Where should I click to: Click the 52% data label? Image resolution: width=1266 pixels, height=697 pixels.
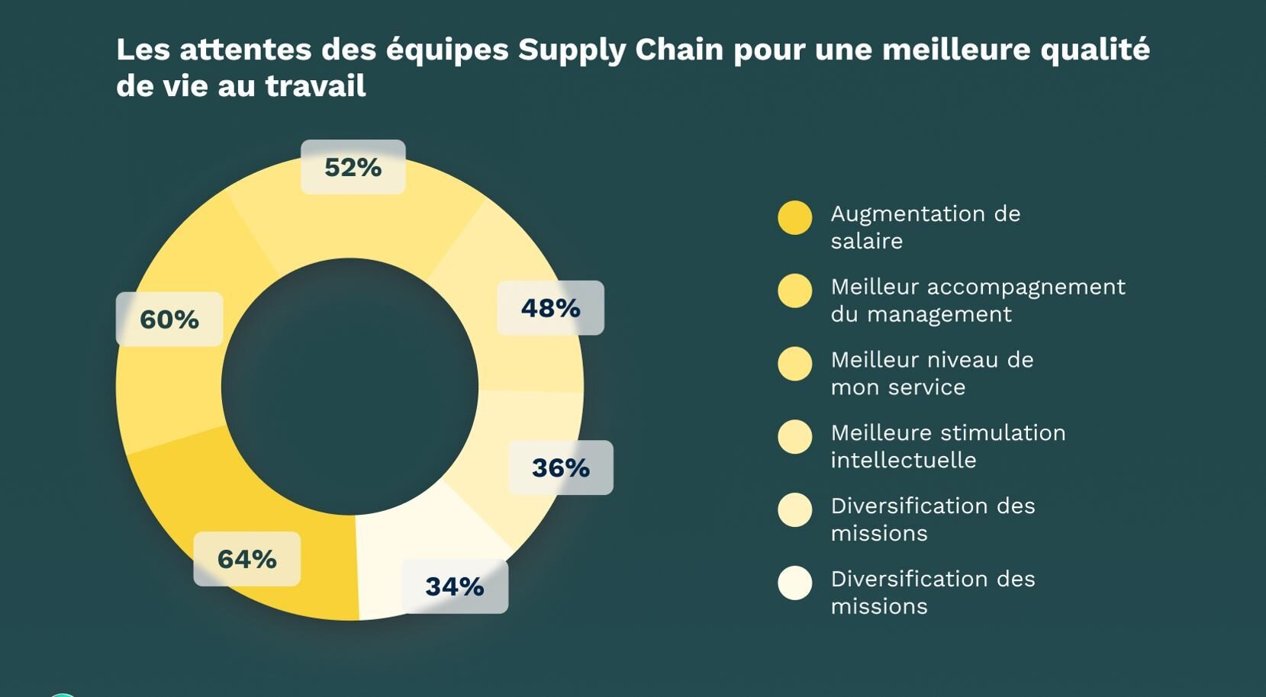click(353, 167)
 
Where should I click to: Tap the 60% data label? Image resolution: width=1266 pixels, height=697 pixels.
click(169, 319)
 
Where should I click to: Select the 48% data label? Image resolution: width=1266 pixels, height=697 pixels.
click(550, 308)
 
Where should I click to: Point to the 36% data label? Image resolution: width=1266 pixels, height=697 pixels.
click(560, 467)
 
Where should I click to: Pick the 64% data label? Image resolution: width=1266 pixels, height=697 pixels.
click(246, 559)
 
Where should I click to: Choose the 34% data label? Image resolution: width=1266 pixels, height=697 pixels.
click(454, 586)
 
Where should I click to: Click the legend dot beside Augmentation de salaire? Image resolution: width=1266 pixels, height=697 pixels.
click(794, 218)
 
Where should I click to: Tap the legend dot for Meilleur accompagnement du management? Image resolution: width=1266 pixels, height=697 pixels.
click(794, 291)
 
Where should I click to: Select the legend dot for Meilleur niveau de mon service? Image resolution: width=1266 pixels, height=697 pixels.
click(794, 364)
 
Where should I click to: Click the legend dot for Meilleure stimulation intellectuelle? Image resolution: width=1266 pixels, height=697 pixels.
click(794, 437)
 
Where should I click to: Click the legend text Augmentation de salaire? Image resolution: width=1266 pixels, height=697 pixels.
click(925, 227)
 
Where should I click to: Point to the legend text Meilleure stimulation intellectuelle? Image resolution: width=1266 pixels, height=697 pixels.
click(948, 446)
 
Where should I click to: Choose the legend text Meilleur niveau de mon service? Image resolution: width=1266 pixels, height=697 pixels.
click(932, 373)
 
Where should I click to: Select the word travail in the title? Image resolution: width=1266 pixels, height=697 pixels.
click(315, 85)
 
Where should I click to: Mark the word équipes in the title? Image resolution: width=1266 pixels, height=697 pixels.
click(447, 50)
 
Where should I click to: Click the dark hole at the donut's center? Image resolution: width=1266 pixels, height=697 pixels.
click(350, 387)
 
